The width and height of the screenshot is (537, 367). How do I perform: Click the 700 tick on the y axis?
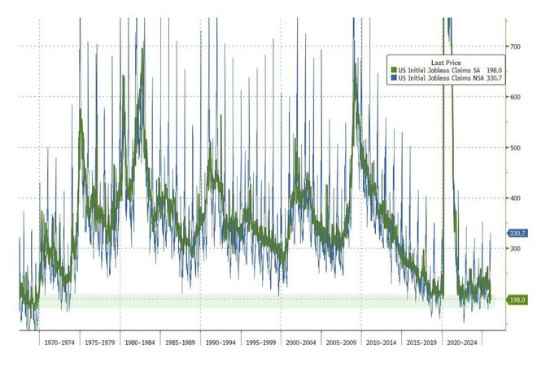click(516, 46)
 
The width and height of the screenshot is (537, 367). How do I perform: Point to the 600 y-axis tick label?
click(516, 97)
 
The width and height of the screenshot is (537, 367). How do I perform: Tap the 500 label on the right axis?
click(516, 147)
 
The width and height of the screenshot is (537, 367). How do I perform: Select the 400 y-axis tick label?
click(516, 198)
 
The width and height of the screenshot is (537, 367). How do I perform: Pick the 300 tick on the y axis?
click(516, 248)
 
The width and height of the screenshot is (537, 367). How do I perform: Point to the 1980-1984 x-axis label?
click(141, 343)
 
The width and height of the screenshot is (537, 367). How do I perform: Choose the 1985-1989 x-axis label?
click(181, 343)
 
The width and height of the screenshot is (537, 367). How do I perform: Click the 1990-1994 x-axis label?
click(221, 343)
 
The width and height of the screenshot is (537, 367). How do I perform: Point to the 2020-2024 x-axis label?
click(461, 343)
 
